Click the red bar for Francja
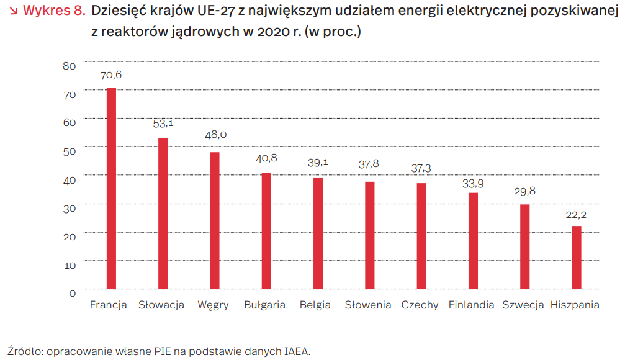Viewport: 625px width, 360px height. (112, 189)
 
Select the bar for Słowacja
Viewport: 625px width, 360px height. (163, 214)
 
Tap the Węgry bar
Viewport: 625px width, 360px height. (215, 220)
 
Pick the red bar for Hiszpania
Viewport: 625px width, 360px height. (577, 258)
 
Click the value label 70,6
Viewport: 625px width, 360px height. (112, 75)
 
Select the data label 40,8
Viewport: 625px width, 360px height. (266, 158)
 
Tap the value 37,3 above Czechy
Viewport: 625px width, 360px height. (421, 169)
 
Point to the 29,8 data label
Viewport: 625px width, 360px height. (524, 191)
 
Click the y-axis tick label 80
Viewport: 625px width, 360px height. (70, 66)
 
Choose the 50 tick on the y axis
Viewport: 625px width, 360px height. (70, 151)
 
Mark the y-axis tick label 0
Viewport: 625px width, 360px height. (72, 293)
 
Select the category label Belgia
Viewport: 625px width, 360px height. (315, 305)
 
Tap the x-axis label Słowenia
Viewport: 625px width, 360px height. (368, 305)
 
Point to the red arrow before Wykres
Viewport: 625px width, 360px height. (12, 11)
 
